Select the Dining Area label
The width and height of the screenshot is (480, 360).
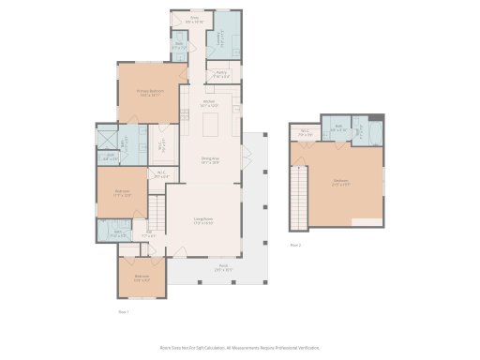coord(210,160)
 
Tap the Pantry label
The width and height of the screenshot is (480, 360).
coord(221,73)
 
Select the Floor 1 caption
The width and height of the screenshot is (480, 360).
coord(123,310)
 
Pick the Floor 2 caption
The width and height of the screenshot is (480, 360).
coord(295,245)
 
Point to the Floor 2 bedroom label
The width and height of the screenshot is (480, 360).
coord(340,183)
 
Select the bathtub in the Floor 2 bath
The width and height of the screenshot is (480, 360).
coord(372,139)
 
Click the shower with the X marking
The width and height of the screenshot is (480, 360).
coord(108,138)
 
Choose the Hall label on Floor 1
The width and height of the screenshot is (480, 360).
coord(150,232)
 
